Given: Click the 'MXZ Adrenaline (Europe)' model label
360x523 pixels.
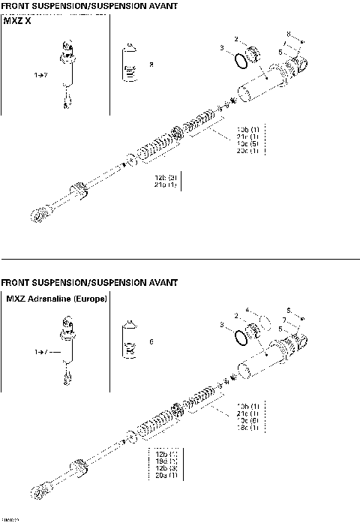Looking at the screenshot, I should click(56, 299).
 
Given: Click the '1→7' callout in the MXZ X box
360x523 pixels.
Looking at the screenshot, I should click(41, 76).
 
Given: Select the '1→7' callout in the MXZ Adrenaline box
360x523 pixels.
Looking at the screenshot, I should click(43, 351).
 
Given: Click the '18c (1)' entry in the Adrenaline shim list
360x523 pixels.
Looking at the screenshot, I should click(247, 429).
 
